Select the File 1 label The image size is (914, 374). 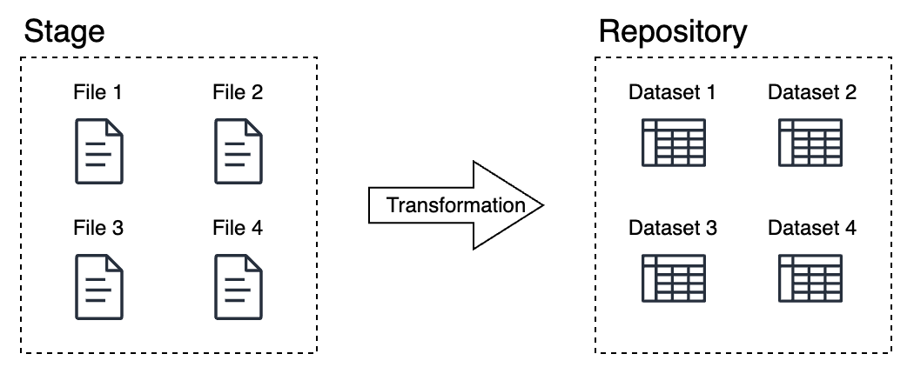point(98,92)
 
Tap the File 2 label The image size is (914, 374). point(238,92)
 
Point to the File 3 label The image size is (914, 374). point(98,229)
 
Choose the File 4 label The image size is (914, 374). point(238,229)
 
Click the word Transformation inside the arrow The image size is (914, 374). point(455,205)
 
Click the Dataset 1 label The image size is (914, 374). point(673,92)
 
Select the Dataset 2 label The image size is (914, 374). point(812,92)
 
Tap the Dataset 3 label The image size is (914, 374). point(673,229)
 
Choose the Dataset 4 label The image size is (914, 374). point(812,229)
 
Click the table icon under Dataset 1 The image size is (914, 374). point(673,143)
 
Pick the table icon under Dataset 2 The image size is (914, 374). point(812,143)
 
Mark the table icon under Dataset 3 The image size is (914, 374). point(673,278)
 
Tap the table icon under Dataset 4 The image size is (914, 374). point(812,278)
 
